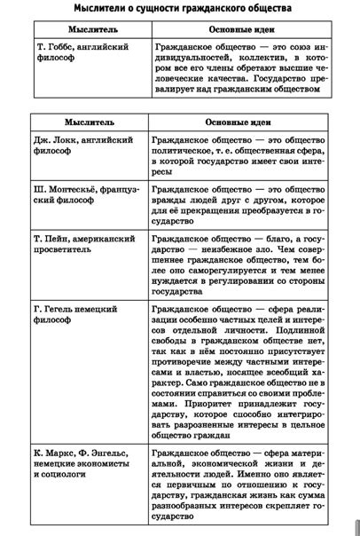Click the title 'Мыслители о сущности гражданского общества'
pyautogui.click(x=179, y=9)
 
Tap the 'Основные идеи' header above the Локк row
pyautogui.click(x=238, y=122)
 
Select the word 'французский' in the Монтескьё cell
pyautogui.click(x=113, y=189)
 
